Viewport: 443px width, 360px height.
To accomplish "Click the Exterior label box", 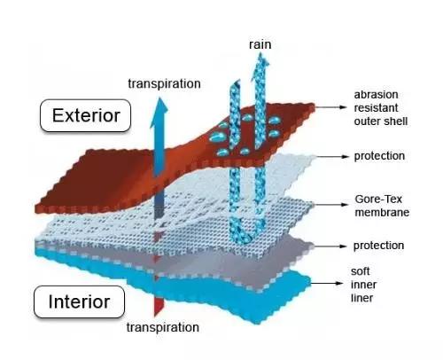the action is point(85,115).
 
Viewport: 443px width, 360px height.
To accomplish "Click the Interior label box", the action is point(79,301).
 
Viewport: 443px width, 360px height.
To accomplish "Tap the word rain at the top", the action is point(260,44).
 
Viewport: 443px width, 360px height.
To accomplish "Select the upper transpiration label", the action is point(164,83).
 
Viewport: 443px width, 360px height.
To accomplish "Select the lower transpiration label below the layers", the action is point(163,327).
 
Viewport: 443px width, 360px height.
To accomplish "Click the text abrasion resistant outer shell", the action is point(381,108).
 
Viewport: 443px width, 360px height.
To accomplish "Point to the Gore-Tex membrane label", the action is point(382,206).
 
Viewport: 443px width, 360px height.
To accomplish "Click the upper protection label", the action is point(379,156).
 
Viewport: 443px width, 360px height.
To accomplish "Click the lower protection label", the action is point(378,246).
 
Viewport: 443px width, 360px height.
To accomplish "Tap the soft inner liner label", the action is point(363,285).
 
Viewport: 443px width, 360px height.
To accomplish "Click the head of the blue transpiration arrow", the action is point(159,113).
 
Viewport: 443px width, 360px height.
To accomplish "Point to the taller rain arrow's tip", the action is point(260,53).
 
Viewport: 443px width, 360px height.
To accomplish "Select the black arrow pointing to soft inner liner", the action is point(327,283).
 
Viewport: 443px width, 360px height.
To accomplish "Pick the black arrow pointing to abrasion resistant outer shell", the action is point(330,107).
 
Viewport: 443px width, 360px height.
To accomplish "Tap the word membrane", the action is point(382,212).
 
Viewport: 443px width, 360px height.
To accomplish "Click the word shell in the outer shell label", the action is point(398,121).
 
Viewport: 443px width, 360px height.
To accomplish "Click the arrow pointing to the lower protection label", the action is point(329,246).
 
